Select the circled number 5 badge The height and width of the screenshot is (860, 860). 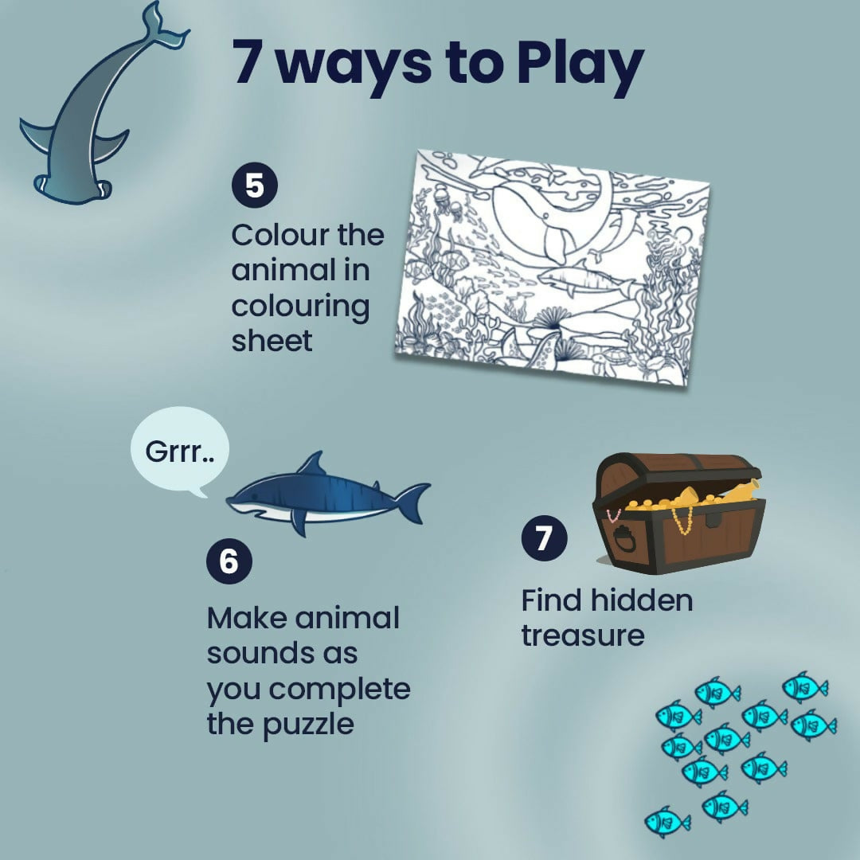coord(254,186)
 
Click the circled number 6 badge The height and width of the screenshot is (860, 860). coord(229,561)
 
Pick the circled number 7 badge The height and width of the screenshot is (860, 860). coord(544,538)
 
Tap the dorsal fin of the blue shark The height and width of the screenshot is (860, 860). coord(315,464)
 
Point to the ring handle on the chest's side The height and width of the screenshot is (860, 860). coord(625,539)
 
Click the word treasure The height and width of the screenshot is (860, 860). coord(582,636)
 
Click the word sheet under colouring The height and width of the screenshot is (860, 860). coord(272,341)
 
